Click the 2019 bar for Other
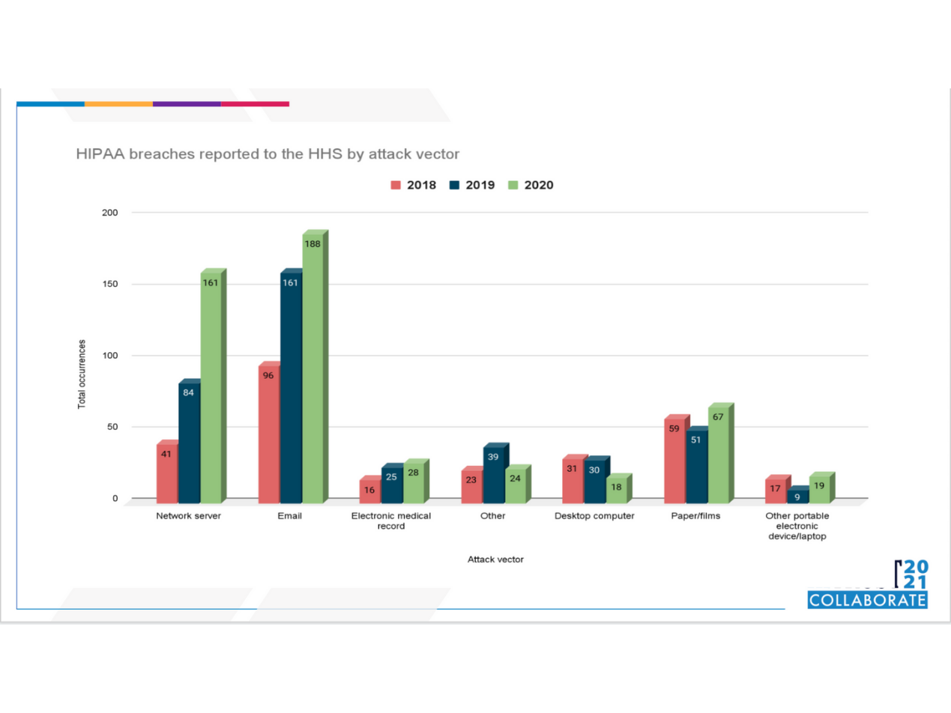pos(493,476)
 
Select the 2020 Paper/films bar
pos(718,457)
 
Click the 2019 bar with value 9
pos(797,497)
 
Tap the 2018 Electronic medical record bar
pos(369,492)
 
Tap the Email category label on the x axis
pos(290,517)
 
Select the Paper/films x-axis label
pos(695,517)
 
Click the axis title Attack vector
pos(495,559)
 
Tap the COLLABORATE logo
pos(867,600)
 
